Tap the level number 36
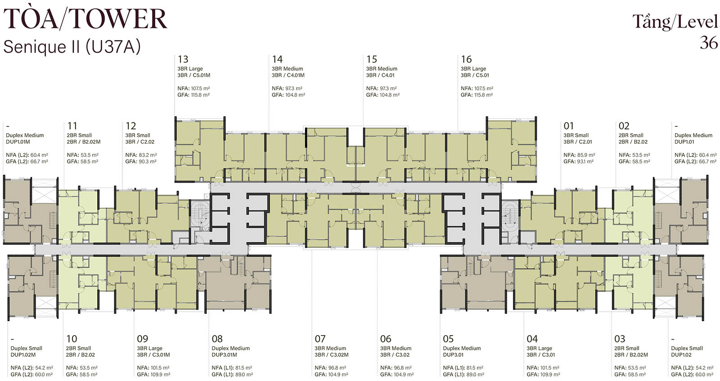coord(708,42)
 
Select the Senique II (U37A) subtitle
coord(72,47)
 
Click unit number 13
coord(183,59)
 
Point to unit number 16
coord(466,59)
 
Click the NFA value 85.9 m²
coord(585,155)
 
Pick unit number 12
coord(131,126)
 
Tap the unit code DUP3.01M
coord(225,354)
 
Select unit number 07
coord(320,339)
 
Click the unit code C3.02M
coord(339,354)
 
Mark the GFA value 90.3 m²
coord(147,161)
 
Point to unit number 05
coord(448,339)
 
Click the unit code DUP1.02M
coord(23,354)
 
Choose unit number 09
coord(142,339)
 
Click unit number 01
coord(569,126)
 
